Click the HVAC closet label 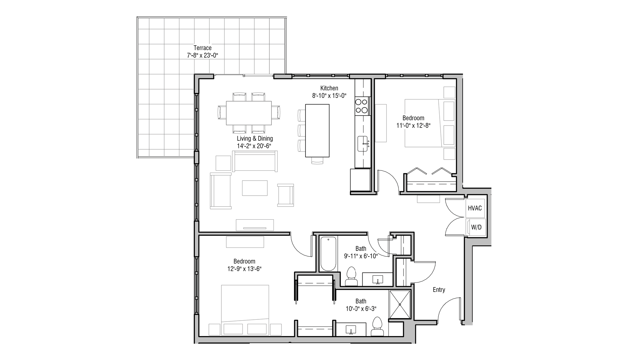474,208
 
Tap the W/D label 476,227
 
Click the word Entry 439,290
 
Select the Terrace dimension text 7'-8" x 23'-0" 203,55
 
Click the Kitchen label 329,88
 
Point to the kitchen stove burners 362,106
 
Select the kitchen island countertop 317,130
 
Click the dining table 249,113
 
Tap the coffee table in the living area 255,188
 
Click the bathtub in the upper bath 328,254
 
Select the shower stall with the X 400,304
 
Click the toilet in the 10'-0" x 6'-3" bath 377,327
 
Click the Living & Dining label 255,138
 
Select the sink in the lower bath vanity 351,330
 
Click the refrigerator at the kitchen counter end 360,180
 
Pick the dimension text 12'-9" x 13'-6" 244,269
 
